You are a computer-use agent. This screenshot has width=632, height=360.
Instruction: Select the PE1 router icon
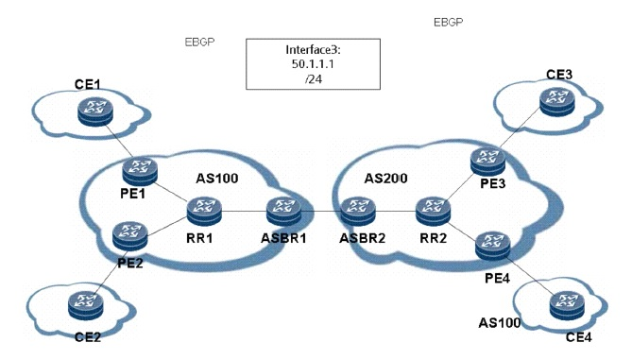[x=140, y=171]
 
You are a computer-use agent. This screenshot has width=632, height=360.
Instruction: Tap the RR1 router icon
[x=204, y=211]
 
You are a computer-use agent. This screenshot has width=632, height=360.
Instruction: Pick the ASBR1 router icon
[x=283, y=211]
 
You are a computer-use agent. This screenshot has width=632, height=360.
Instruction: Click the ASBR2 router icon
[x=358, y=211]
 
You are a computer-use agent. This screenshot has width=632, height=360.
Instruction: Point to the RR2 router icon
[x=434, y=211]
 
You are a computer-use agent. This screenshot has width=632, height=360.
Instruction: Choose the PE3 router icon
[x=488, y=162]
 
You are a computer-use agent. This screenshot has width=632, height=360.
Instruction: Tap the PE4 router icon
[x=493, y=246]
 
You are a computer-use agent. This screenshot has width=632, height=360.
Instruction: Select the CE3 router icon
[x=557, y=102]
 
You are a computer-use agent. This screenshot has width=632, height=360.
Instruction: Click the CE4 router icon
[x=567, y=306]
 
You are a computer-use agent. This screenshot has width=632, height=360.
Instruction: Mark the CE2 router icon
[x=86, y=305]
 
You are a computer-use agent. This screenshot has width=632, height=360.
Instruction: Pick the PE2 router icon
[x=130, y=236]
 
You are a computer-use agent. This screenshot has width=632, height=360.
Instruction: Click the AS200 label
[x=385, y=179]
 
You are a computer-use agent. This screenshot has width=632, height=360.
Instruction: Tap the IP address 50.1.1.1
[x=313, y=64]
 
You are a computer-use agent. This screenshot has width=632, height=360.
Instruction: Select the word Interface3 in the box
[x=312, y=49]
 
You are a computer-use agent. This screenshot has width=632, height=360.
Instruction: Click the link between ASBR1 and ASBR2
[x=321, y=211]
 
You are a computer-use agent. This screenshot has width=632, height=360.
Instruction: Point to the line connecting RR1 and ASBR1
[x=245, y=211]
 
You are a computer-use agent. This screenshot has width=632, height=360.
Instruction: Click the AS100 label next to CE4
[x=500, y=323]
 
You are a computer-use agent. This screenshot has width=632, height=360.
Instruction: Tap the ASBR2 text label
[x=363, y=238]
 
